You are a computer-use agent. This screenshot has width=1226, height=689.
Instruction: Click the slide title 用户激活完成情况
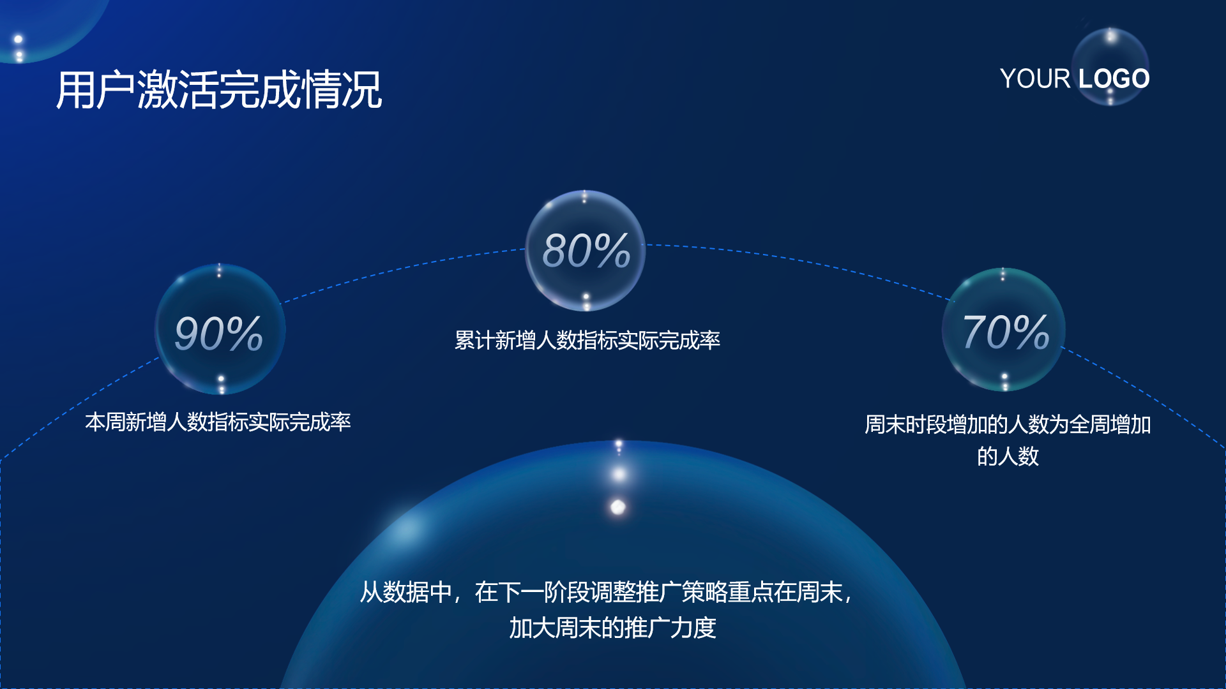(x=219, y=89)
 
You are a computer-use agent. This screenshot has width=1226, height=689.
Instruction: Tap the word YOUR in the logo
(x=1035, y=79)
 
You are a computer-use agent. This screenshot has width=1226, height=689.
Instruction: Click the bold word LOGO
(x=1114, y=79)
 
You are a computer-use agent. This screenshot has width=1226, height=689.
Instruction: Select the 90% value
(x=219, y=333)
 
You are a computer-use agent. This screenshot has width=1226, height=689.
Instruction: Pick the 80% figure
(x=587, y=250)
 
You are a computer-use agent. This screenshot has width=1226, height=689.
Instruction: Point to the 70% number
(x=1006, y=332)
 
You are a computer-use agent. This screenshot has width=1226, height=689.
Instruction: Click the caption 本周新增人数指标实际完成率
(x=218, y=422)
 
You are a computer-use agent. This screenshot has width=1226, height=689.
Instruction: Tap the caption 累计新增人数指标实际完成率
(x=587, y=340)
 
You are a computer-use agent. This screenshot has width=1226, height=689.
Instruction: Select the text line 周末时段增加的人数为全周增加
(x=1008, y=424)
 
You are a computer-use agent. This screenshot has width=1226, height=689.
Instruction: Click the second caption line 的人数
(x=1008, y=456)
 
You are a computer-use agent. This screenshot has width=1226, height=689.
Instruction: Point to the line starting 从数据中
(x=607, y=592)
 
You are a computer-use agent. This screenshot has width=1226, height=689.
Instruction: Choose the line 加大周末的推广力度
(x=612, y=628)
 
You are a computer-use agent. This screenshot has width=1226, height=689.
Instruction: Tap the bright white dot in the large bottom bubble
(x=618, y=507)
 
